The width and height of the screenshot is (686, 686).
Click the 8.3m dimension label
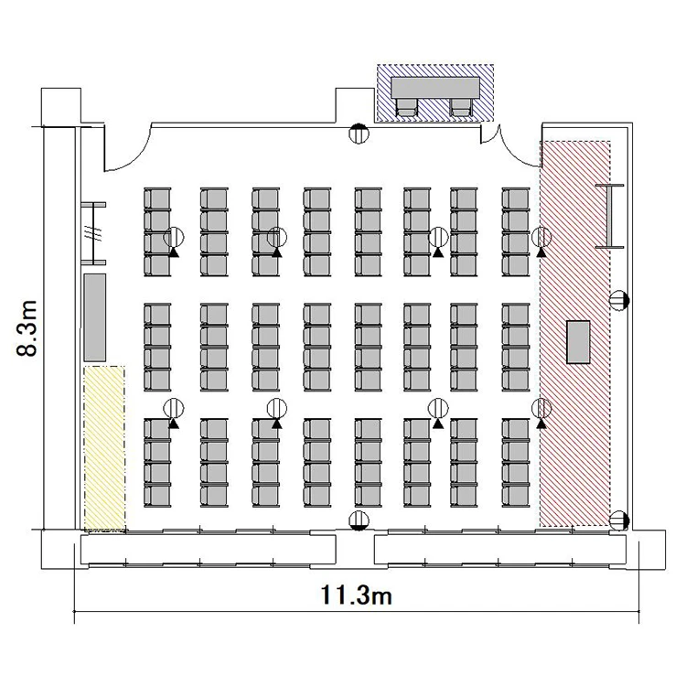pyautogui.click(x=27, y=329)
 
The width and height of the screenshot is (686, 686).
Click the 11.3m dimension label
pyautogui.click(x=356, y=595)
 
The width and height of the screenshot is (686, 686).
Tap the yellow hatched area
pyautogui.click(x=104, y=448)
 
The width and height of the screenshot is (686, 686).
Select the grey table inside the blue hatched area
pyautogui.click(x=435, y=88)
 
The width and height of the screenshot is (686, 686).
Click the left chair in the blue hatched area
pyautogui.click(x=407, y=107)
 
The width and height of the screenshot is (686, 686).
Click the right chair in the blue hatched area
pyautogui.click(x=461, y=107)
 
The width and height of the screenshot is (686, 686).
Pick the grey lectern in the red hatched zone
pyautogui.click(x=578, y=342)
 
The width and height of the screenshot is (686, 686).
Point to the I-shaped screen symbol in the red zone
pyautogui.click(x=609, y=216)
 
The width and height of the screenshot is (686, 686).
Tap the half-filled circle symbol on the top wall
pyautogui.click(x=359, y=133)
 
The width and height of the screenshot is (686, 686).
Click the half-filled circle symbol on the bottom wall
pyautogui.click(x=359, y=520)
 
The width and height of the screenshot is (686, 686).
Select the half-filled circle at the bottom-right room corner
pyautogui.click(x=618, y=520)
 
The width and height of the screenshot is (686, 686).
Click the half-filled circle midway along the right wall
pyautogui.click(x=619, y=300)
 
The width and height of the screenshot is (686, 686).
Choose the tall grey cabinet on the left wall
pyautogui.click(x=94, y=317)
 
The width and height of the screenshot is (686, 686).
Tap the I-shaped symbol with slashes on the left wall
pyautogui.click(x=93, y=233)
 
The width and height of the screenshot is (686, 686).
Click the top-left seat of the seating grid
pyautogui.click(x=157, y=200)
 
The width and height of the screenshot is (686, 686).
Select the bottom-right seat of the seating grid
pyautogui.click(x=515, y=496)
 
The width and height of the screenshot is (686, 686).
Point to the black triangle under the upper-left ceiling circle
pyautogui.click(x=174, y=252)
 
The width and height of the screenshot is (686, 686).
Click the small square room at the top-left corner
pyautogui.click(x=60, y=107)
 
